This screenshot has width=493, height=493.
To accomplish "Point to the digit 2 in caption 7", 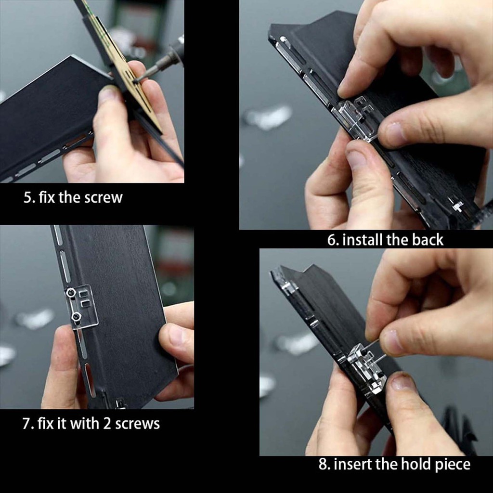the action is [x=107, y=424].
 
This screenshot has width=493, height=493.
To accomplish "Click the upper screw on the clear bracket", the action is [x=71, y=293].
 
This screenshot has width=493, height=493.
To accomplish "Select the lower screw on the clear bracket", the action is [x=76, y=317].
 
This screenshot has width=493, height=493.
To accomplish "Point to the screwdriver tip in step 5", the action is [x=136, y=80].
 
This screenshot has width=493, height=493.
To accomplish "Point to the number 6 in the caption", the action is [x=331, y=240].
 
